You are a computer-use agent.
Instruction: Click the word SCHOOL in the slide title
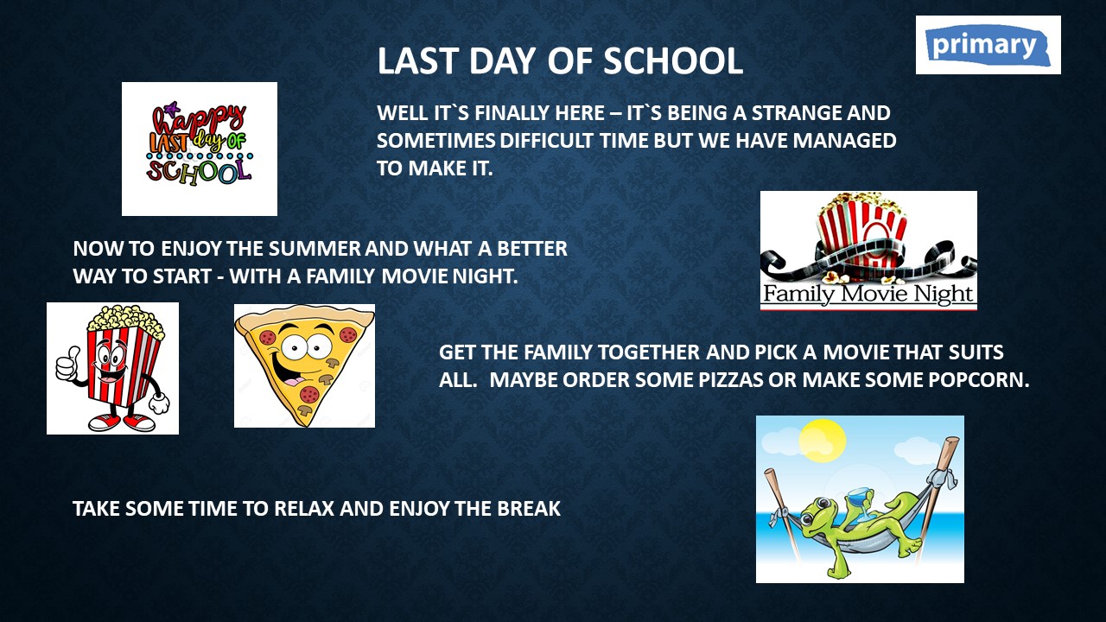click(x=673, y=61)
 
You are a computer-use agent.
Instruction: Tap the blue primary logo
click(x=988, y=46)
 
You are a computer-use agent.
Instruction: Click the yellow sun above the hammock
click(x=822, y=441)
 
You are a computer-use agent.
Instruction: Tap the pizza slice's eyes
click(x=306, y=346)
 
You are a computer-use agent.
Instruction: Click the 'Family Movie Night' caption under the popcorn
click(x=868, y=294)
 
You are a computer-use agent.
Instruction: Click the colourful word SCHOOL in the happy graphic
click(x=199, y=172)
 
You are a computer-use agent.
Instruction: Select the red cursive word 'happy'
click(x=199, y=119)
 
